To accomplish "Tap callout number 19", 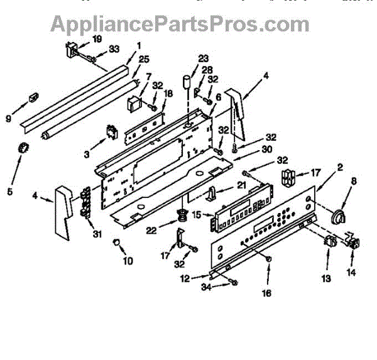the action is (96, 39).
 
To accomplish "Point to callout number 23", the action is (202, 59).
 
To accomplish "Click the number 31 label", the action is (96, 236).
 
